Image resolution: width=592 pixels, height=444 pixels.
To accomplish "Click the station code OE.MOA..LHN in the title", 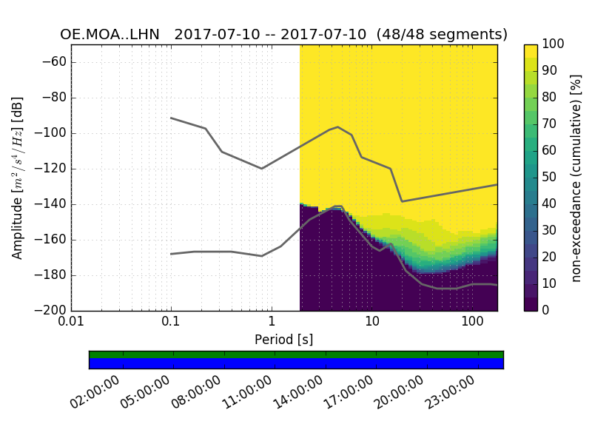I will (x=112, y=35).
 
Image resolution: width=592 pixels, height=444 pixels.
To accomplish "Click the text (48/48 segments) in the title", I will (x=442, y=35).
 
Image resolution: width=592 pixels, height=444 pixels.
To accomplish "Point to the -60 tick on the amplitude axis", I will (x=58, y=62).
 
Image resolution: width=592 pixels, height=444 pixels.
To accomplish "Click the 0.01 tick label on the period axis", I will (x=71, y=323).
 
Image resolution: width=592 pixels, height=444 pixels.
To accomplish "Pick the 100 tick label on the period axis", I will (x=472, y=323).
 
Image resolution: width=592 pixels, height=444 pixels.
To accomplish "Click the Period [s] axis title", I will (x=284, y=339).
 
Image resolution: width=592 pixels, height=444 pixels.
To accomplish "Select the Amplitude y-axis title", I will (x=18, y=178).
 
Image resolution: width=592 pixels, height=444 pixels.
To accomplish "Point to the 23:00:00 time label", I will (x=456, y=393).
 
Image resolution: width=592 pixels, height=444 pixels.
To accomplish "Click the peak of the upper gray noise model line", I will (x=337, y=127).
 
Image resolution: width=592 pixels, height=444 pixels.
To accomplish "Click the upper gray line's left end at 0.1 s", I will (x=171, y=118).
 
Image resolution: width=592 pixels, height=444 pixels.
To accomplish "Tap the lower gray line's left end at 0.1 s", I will (x=171, y=254).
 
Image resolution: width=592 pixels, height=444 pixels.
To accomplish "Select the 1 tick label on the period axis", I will (x=272, y=323).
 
